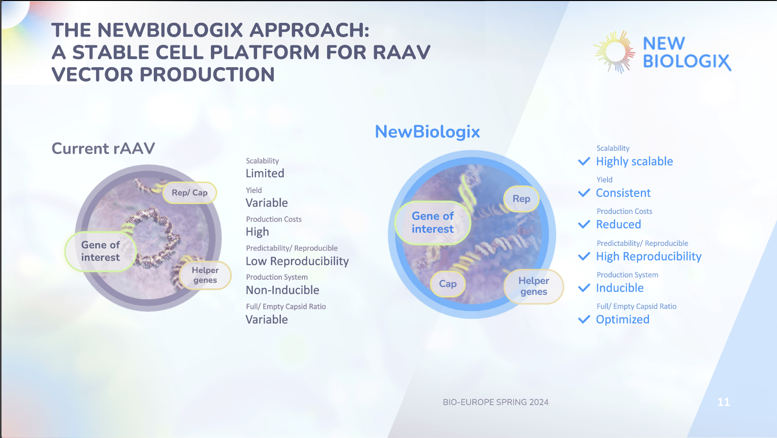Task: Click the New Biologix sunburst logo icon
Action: [x=615, y=52]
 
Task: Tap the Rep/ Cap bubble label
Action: [x=190, y=193]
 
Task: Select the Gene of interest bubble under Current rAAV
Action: [x=100, y=251]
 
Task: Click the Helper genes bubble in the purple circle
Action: [x=205, y=275]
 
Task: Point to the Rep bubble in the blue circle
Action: [x=521, y=199]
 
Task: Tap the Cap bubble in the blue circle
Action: [x=448, y=284]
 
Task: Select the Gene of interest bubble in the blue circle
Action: [x=432, y=223]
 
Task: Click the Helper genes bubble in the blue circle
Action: [x=534, y=286]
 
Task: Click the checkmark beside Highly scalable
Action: [x=584, y=162]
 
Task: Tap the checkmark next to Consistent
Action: [x=584, y=193]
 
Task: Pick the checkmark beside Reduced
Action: [x=584, y=224]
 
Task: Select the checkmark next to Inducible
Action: [x=584, y=288]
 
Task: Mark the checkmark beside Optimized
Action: [x=584, y=319]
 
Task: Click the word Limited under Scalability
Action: [x=265, y=173]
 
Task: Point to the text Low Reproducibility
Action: [x=297, y=261]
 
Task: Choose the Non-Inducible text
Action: [x=282, y=290]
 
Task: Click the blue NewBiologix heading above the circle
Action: [x=427, y=132]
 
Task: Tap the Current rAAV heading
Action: [x=103, y=149]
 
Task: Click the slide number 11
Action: [x=723, y=402]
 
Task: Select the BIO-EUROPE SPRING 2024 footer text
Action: [x=496, y=402]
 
